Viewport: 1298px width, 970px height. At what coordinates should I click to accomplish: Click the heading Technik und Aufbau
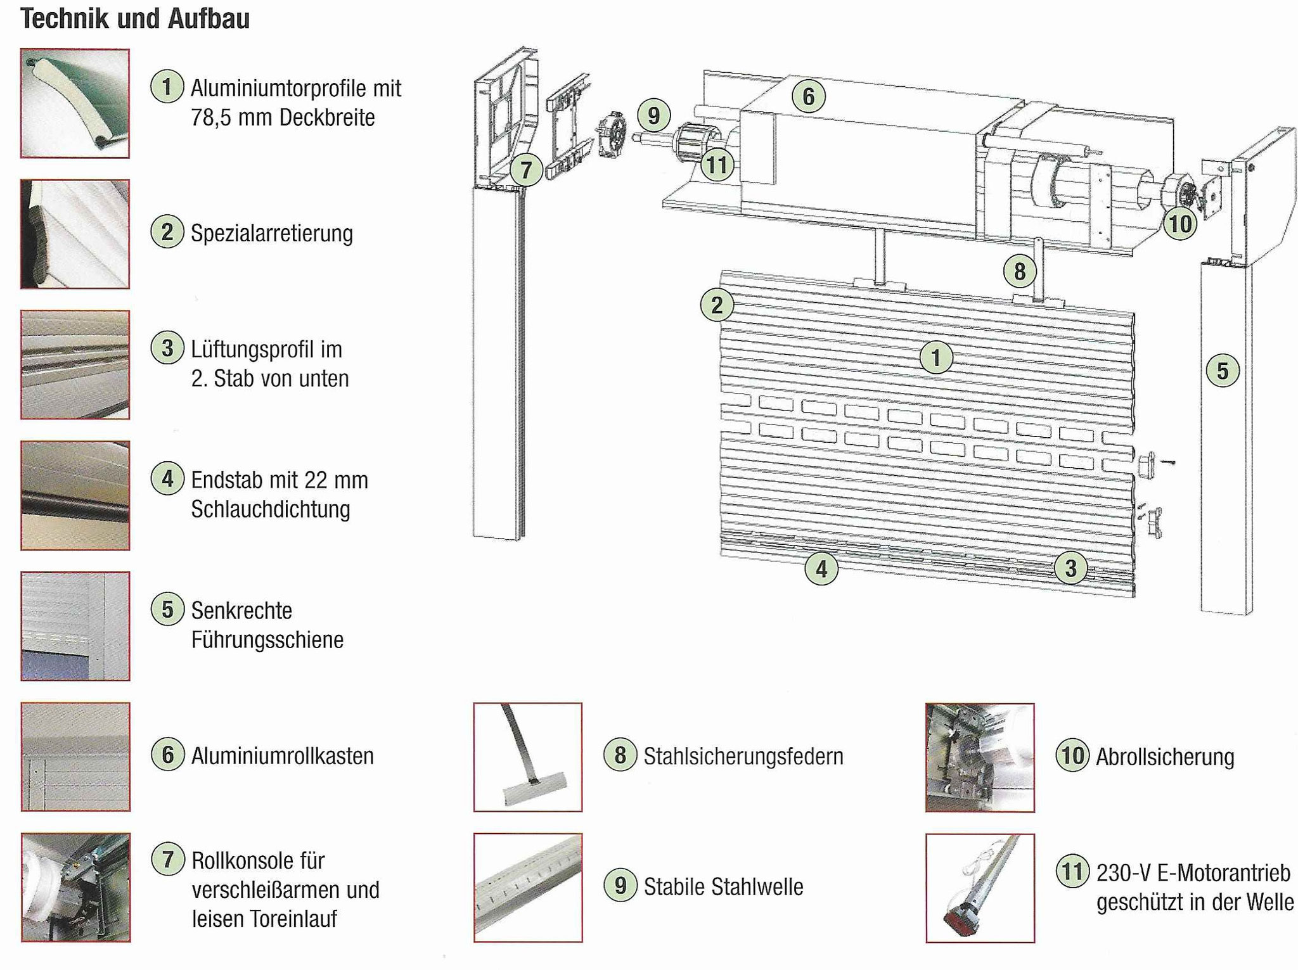click(135, 20)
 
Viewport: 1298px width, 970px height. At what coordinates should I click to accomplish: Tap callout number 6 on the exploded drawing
click(808, 97)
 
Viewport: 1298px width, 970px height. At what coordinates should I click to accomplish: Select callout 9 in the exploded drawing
click(653, 116)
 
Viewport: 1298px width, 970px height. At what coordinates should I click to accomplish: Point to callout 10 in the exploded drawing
click(1179, 224)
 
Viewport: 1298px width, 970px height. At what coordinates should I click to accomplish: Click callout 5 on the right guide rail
click(1222, 371)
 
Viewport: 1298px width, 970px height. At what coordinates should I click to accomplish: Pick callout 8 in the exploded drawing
click(1019, 272)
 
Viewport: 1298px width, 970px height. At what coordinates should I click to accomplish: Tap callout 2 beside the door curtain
click(717, 306)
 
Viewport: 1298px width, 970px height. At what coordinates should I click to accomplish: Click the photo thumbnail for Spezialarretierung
click(75, 234)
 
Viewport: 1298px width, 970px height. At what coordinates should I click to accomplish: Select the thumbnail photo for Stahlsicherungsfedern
click(527, 757)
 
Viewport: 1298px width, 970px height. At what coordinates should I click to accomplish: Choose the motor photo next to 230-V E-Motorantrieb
click(980, 888)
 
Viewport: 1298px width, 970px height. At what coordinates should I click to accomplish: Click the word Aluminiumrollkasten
click(283, 756)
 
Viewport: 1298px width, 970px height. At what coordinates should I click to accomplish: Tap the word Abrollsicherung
click(1165, 757)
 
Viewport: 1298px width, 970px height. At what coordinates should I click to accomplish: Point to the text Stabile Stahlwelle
click(723, 887)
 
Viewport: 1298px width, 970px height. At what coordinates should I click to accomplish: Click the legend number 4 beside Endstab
click(167, 479)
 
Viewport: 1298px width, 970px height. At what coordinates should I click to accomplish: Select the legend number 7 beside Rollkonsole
click(168, 860)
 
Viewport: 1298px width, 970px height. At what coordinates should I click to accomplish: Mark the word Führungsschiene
click(267, 640)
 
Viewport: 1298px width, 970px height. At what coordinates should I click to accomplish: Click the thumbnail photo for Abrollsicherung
click(980, 757)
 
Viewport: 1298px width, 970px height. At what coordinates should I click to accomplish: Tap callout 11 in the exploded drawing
click(717, 165)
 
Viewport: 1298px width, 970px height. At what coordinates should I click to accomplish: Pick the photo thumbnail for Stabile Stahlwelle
click(527, 888)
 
